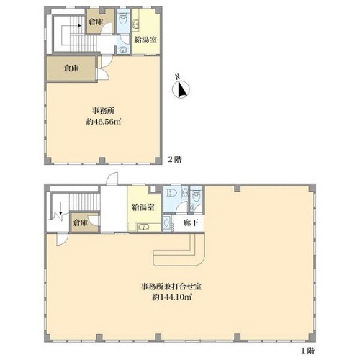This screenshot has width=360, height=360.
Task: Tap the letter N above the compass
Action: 178,76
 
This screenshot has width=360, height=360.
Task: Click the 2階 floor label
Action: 175,160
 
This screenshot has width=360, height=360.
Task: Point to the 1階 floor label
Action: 307,351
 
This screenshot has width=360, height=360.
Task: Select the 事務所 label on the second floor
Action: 103,111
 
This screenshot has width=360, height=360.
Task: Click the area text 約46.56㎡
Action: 103,122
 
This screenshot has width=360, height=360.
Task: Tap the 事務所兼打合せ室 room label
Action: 171,287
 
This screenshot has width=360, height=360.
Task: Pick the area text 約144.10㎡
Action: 172,297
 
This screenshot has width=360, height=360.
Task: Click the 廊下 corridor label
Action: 191,223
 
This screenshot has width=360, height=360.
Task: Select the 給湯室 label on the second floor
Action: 145,40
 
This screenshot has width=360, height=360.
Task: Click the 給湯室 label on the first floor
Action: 143,207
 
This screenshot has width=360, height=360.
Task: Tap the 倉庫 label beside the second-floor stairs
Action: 96,22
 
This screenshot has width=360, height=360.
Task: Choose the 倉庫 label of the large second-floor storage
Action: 71,68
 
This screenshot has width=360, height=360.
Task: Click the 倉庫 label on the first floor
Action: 81,222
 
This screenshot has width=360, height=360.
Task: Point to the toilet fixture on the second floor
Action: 123,19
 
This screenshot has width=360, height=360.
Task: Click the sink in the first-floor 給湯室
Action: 143,227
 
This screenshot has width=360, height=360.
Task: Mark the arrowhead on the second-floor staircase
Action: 79,25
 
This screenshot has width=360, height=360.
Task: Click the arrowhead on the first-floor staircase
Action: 60,212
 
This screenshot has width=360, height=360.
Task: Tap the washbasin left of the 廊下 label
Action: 166,223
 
